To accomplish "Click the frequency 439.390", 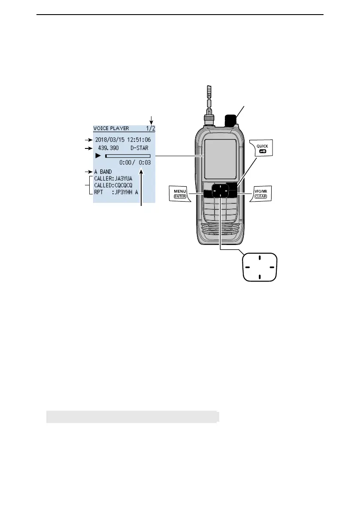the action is click(x=107, y=148).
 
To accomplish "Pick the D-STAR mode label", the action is click(x=140, y=148).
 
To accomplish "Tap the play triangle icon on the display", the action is click(x=98, y=156).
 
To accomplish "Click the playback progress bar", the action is click(x=128, y=156).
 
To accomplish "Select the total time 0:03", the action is click(x=144, y=163).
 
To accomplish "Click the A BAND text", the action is click(x=103, y=172).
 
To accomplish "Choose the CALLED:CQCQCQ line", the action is click(x=114, y=185).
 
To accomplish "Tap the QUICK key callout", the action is click(x=262, y=148).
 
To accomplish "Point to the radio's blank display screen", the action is click(x=220, y=159).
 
